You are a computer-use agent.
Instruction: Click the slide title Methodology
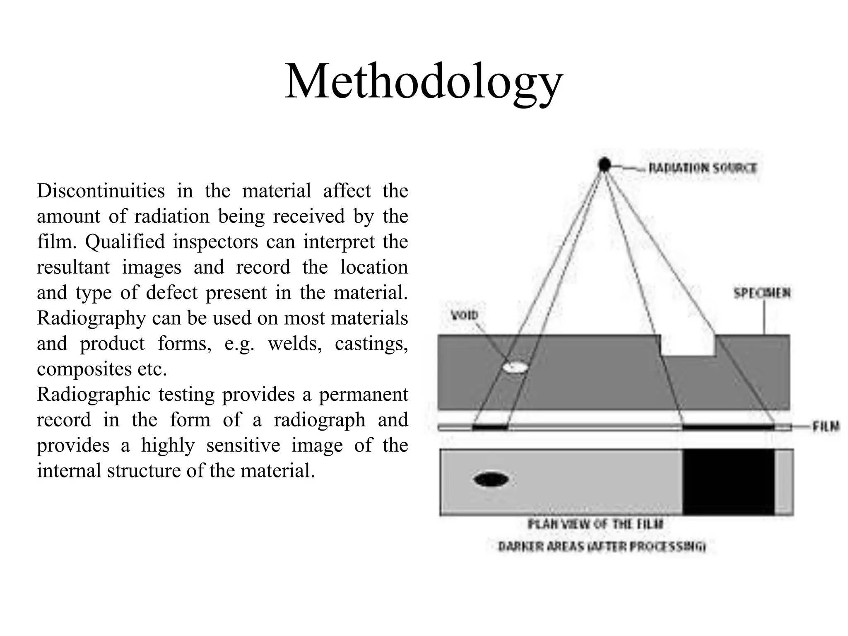point(423,82)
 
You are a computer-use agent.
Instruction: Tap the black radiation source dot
point(605,165)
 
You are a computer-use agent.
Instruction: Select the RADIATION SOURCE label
point(702,168)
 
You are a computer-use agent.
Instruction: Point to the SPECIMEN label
point(762,294)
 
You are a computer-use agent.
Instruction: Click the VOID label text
point(464,316)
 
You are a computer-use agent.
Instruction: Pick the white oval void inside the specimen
point(516,366)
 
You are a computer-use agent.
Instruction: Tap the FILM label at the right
point(825,426)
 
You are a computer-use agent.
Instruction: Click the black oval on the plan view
point(491,479)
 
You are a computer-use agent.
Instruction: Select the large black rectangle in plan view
point(728,482)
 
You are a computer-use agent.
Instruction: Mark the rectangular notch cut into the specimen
point(688,345)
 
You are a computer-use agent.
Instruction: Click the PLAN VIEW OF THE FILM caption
point(595,525)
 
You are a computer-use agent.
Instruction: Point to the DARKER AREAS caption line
point(602,547)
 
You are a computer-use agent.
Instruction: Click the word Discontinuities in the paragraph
point(101,191)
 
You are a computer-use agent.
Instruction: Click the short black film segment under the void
point(490,427)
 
